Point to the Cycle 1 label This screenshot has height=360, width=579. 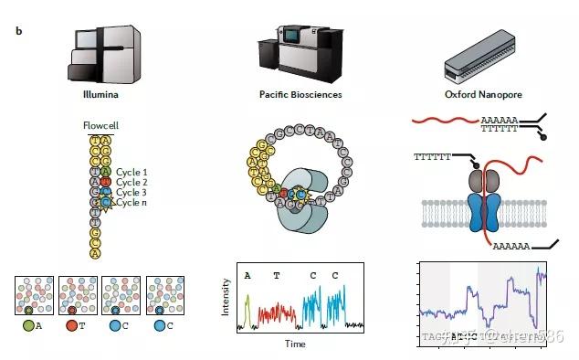click(132, 172)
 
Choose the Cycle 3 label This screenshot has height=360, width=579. click(132, 192)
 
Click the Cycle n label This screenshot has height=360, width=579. click(132, 202)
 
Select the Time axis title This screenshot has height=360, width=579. click(294, 344)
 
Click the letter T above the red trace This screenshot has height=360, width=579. click(276, 274)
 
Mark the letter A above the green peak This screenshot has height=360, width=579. click(247, 274)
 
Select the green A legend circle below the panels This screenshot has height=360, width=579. click(28, 323)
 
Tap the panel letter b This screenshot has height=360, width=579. click(18, 30)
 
